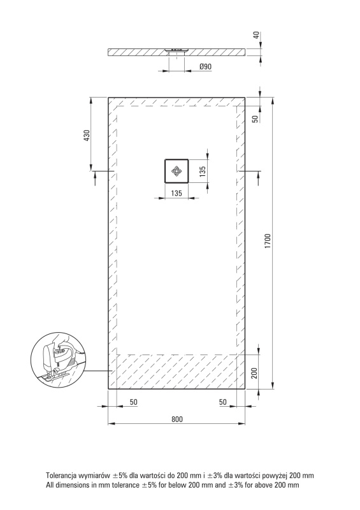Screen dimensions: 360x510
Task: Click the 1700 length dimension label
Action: [268, 242]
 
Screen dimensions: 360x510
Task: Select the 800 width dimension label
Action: [177, 419]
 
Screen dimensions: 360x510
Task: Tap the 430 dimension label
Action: [87, 135]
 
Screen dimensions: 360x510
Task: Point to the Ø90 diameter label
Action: [205, 67]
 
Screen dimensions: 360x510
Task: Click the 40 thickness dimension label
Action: [257, 35]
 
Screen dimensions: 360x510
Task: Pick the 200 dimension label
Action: [255, 373]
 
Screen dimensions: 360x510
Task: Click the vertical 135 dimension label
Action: [202, 171]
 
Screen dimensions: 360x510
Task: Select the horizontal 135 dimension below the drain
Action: [176, 193]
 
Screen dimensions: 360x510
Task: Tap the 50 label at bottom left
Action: [133, 402]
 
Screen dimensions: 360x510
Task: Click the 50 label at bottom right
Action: [223, 402]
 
